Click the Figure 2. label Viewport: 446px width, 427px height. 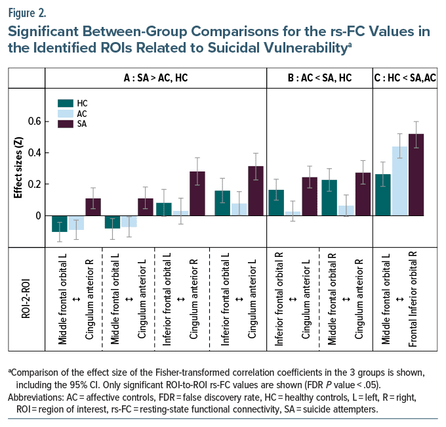[30, 12]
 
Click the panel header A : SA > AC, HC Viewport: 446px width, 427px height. [155, 78]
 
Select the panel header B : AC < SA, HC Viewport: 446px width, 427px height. [319, 78]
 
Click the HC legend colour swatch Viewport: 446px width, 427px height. [65, 103]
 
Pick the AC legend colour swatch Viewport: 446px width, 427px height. [65, 113]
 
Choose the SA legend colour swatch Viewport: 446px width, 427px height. [65, 123]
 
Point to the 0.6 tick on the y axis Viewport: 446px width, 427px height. [34, 122]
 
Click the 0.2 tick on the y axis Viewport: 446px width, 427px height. [34, 184]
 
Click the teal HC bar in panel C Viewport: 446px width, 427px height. [383, 194]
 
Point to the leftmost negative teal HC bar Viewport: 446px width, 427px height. [60, 223]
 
